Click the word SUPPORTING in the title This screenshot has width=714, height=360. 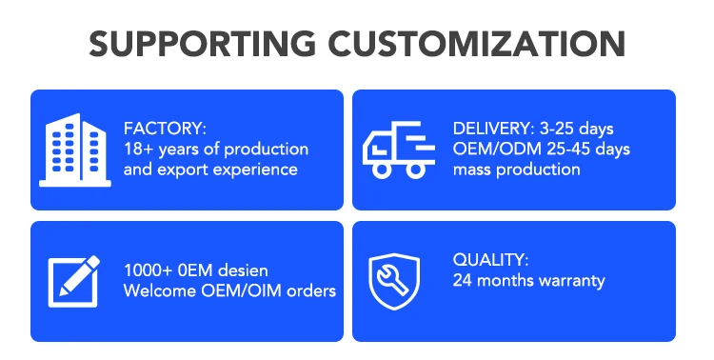[202, 44]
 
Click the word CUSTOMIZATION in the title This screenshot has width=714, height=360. [477, 44]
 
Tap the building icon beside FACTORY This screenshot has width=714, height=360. [75, 150]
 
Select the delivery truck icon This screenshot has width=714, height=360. [399, 150]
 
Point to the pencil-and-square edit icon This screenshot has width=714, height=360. [73, 282]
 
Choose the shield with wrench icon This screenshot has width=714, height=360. [394, 281]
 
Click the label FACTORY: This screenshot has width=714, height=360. [165, 129]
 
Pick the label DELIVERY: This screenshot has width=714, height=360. [493, 129]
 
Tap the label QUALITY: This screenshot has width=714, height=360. [491, 260]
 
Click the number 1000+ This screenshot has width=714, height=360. [148, 270]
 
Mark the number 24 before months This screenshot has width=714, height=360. [462, 280]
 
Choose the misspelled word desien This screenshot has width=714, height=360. [243, 270]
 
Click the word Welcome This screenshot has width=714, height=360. [160, 290]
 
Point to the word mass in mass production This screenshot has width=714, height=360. [472, 170]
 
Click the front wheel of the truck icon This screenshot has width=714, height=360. [381, 170]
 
